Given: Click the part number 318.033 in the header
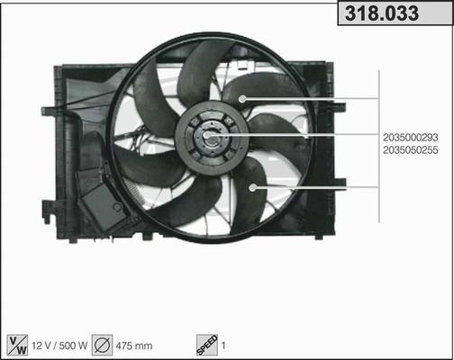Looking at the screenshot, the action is pos(382,13).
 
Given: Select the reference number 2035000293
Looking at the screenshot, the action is pos(411,138).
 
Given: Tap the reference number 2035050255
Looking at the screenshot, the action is pos(411,150).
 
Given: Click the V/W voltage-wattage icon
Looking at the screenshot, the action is pos(17,345).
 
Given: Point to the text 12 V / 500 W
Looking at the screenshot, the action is pos(59,346).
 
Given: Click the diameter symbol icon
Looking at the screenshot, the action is pos(102,345).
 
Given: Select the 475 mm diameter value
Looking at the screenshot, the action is pos(134,346).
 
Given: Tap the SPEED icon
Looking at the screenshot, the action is pos(207,345).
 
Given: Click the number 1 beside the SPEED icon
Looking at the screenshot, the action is pos(223,346).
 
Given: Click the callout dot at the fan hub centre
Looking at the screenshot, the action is pos(206,136).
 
